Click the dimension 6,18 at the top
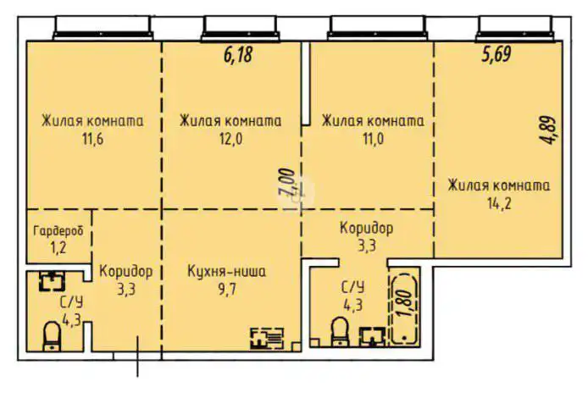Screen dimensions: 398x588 tap(238, 56)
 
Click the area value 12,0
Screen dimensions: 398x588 tap(229, 139)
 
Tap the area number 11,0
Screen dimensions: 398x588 tap(372, 139)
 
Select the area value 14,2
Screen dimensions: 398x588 tap(498, 203)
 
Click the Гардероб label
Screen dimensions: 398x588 tap(58, 231)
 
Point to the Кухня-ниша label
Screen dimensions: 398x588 tap(227, 272)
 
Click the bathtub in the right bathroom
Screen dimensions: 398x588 tap(406, 308)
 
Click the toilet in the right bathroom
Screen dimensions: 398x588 tap(340, 333)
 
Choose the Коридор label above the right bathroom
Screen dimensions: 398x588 tap(366, 228)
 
